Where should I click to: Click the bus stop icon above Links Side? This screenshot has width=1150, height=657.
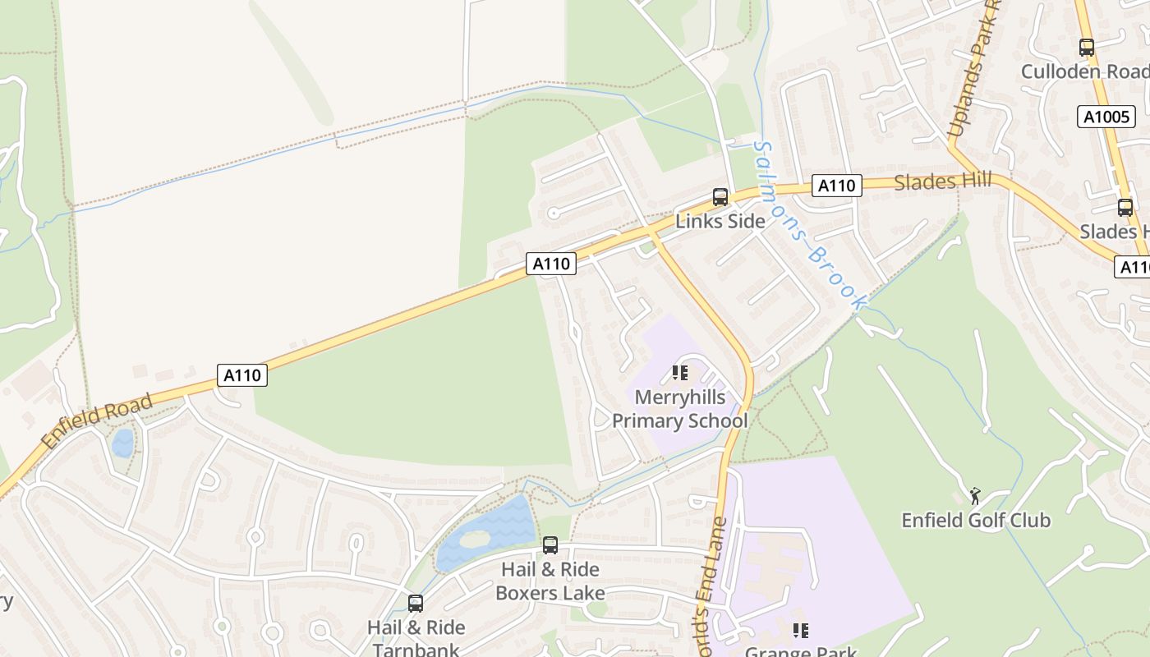[720, 197]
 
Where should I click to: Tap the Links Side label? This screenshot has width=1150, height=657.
[720, 221]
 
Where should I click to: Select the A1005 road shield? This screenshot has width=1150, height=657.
[1106, 117]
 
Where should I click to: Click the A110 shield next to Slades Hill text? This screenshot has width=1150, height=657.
[837, 186]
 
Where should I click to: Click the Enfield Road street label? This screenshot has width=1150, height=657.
[97, 421]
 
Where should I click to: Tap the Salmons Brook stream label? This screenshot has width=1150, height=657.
[809, 227]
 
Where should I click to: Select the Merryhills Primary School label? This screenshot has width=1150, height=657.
[680, 409]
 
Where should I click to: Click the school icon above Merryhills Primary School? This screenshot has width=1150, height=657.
[680, 374]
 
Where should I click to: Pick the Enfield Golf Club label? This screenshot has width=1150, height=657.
[976, 520]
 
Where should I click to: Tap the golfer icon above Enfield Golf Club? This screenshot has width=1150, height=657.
[975, 496]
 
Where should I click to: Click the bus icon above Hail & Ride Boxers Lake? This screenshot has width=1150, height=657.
[550, 544]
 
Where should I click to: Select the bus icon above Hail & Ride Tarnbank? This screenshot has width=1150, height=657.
[416, 604]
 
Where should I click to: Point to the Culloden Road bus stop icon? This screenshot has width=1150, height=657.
[1087, 48]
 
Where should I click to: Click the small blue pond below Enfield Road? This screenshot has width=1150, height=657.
[122, 443]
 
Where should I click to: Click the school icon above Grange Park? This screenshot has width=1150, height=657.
[801, 631]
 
